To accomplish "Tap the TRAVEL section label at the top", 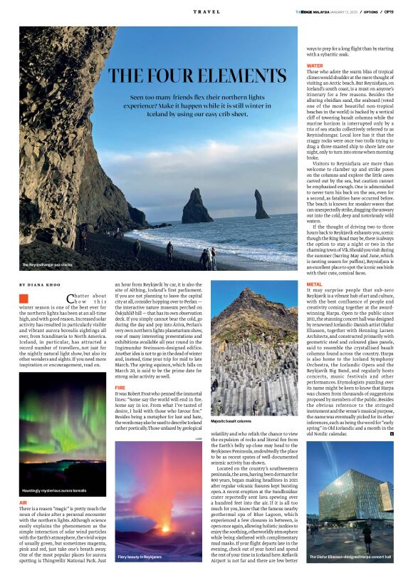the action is (x=206, y=12).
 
